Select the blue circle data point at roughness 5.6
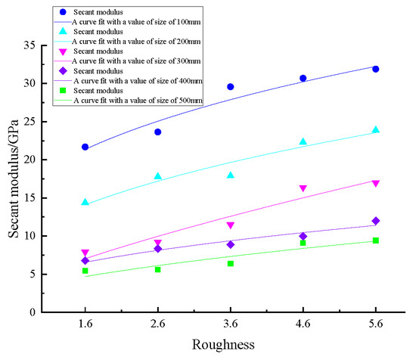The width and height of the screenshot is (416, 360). click(x=375, y=69)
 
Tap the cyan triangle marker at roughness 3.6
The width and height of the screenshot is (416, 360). click(x=230, y=175)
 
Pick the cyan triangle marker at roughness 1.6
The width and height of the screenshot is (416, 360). click(x=85, y=202)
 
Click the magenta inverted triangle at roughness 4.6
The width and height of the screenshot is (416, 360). click(x=303, y=188)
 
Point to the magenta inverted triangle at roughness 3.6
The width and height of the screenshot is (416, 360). click(x=230, y=225)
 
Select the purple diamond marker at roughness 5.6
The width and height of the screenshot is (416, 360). click(x=375, y=221)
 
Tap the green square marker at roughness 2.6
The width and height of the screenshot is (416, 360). click(x=157, y=269)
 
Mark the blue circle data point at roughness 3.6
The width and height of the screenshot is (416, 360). click(x=230, y=87)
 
